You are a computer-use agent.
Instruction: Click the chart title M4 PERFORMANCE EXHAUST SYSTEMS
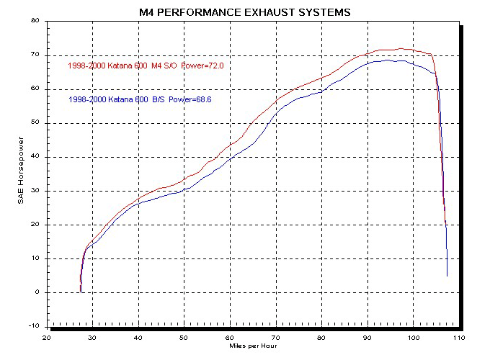coord(245,12)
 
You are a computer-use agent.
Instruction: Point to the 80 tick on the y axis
coord(34,21)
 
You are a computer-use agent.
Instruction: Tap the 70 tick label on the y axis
coord(34,55)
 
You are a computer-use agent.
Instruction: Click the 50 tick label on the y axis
coord(34,123)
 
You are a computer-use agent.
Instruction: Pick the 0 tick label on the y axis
coord(36,292)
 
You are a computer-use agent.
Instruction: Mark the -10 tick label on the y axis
coord(32,326)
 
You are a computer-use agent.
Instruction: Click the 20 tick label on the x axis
coord(46,337)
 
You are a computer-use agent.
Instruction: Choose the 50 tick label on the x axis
coord(184,337)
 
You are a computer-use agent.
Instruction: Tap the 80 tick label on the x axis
coord(322,337)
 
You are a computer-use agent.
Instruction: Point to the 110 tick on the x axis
coord(459,337)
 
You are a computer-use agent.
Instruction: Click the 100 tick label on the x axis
coord(414,337)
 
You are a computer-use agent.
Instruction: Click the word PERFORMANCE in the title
coord(213,12)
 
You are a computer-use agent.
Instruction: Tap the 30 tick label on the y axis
coord(34,191)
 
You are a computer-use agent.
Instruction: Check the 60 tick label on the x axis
coord(230,337)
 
